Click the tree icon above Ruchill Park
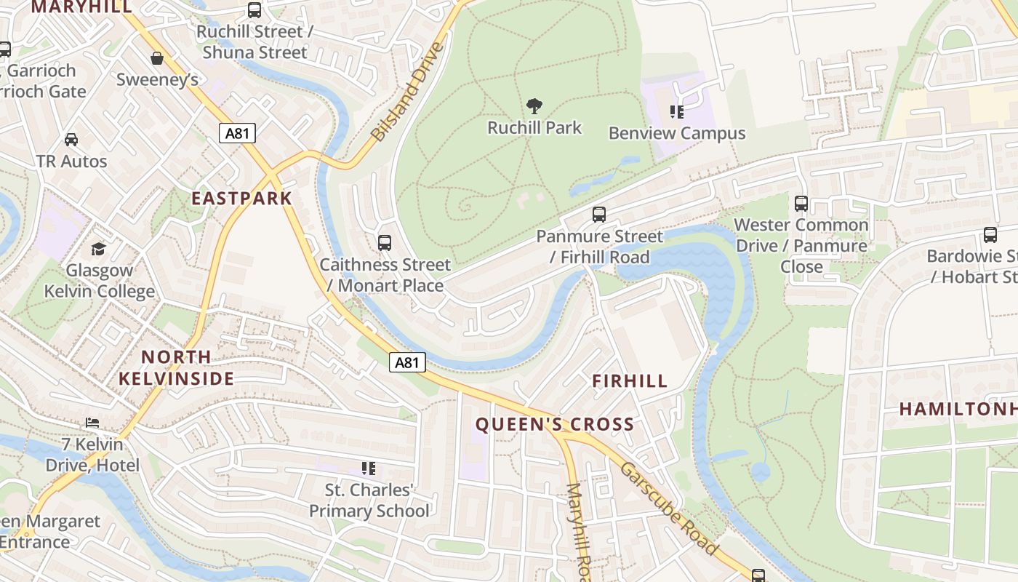pos(534,106)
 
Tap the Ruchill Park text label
pos(534,128)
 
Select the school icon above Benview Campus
pos(677,112)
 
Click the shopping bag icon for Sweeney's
pos(157,58)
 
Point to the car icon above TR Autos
pos(71,139)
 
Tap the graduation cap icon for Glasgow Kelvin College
pos(98,250)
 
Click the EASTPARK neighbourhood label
pos(241,198)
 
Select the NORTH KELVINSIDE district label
pos(176,367)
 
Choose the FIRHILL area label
pos(630,380)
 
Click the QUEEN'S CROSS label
pos(555,424)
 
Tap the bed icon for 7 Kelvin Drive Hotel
pos(92,423)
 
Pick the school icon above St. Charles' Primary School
pos(369,468)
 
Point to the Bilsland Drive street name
pos(407,92)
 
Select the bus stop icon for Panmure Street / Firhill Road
pos(599,215)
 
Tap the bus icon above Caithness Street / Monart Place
pos(385,243)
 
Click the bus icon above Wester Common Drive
pos(801,204)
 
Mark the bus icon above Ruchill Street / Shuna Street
pos(254,10)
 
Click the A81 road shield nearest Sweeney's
pos(237,132)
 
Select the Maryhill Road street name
pos(579,531)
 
